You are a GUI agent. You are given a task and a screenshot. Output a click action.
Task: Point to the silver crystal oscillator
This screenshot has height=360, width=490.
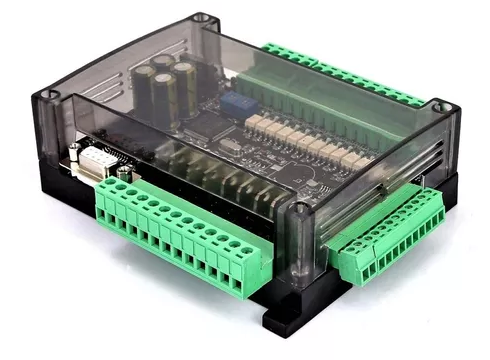(228, 146)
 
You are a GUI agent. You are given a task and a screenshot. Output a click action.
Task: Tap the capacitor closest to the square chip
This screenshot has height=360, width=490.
(167, 98)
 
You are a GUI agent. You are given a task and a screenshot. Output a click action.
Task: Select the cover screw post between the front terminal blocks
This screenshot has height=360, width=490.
(300, 212)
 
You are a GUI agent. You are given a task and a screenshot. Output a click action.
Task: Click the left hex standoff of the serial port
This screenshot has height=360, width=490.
(74, 151)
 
